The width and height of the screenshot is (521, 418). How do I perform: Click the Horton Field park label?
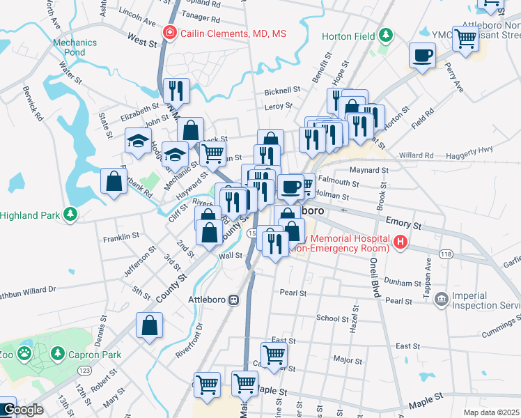click(x=348, y=36)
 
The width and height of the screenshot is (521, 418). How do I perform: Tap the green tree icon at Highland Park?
click(x=70, y=215)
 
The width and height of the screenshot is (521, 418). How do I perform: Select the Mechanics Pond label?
click(x=70, y=47)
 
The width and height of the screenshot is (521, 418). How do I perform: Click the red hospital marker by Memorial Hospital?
click(x=400, y=242)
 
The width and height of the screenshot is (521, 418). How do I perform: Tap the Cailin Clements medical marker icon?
click(x=169, y=33)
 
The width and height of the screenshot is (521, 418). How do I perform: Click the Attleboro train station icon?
click(x=235, y=300)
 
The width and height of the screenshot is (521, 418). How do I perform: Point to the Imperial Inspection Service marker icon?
click(x=440, y=300)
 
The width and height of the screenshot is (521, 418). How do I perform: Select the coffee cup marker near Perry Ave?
click(x=422, y=55)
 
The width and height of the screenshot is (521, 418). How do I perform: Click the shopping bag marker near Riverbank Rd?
click(x=113, y=180)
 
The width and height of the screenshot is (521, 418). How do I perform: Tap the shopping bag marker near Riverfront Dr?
click(x=150, y=325)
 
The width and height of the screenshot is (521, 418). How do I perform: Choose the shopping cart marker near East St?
click(x=274, y=355)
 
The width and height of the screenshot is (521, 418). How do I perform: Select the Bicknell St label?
click(x=282, y=91)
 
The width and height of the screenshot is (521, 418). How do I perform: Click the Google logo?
click(x=23, y=410)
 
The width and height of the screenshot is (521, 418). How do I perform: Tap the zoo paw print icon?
click(x=24, y=353)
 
